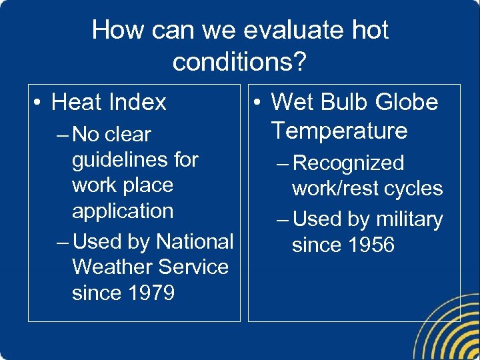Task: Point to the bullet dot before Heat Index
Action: (x=38, y=103)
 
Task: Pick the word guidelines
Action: (x=135, y=160)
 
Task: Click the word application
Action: (x=122, y=211)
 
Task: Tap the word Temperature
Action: (x=339, y=131)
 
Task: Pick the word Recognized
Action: (x=348, y=163)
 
